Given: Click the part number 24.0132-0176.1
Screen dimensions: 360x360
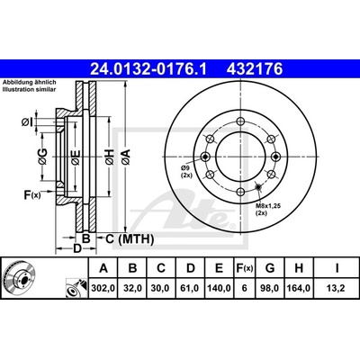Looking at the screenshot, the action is click(x=148, y=69).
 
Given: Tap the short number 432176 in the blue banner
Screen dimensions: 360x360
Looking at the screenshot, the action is click(x=255, y=69).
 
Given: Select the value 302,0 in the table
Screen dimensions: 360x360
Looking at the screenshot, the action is click(x=103, y=288).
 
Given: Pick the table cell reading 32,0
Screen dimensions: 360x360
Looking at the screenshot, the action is click(x=132, y=288).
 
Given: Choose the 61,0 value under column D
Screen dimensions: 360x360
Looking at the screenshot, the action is click(x=191, y=288).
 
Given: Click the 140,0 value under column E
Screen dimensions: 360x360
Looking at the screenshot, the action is click(x=220, y=288).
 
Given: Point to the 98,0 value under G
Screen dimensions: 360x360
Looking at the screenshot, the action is click(x=270, y=288).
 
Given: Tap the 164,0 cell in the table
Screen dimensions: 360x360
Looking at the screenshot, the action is click(x=299, y=288).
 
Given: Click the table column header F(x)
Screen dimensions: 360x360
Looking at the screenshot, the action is click(x=245, y=268).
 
